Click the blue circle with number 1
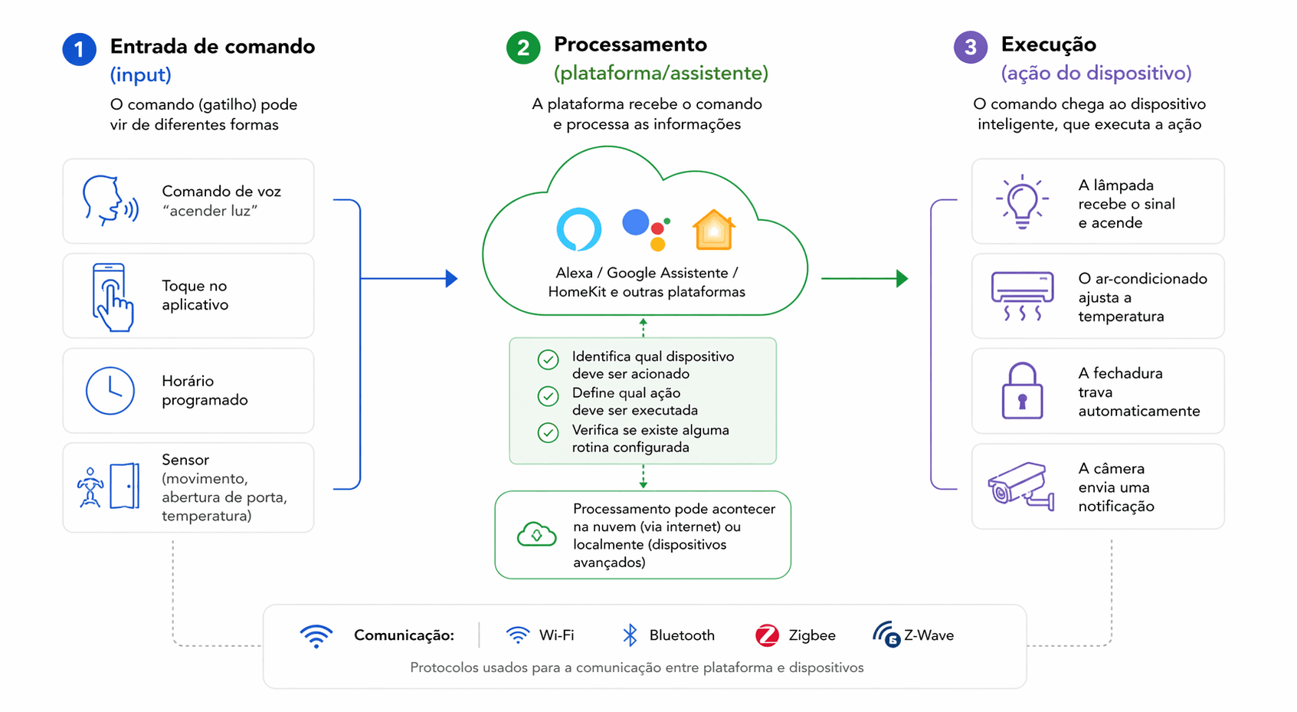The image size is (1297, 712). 79,50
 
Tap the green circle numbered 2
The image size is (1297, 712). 523,48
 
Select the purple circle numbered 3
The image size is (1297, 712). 970,48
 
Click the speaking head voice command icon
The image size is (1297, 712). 110,201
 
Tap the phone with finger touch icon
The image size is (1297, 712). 112,297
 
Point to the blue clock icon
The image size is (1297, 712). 110,391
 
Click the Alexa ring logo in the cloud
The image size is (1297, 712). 578,229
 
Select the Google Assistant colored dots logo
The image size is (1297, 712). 647,229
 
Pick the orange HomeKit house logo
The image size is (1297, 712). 713,230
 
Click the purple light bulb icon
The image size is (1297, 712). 1022,202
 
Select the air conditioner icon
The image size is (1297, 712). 1022,296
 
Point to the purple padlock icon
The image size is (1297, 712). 1022,392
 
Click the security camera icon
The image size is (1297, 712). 1020,486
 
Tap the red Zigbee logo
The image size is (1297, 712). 767,635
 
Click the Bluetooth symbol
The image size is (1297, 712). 630,635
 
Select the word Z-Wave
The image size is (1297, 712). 929,635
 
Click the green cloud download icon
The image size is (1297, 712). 536,534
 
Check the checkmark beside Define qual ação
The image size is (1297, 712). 548,396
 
